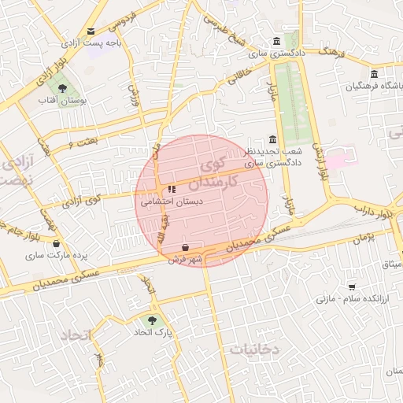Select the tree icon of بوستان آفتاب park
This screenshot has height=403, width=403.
coord(61,87)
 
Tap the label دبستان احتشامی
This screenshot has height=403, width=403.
coord(172,201)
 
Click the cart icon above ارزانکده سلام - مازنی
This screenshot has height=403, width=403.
coord(351,287)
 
